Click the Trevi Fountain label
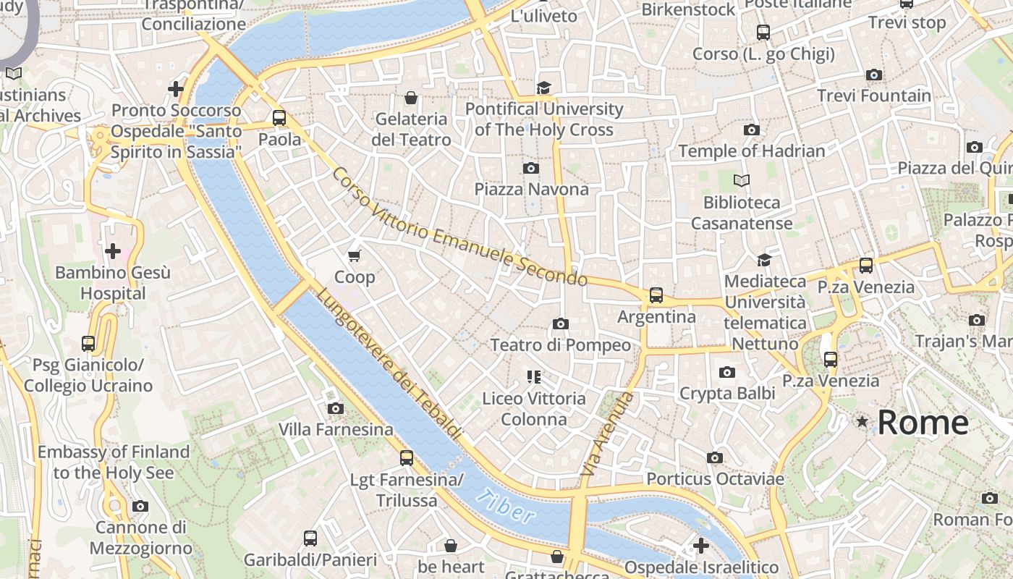click(x=874, y=96)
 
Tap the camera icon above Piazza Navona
click(x=530, y=168)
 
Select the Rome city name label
click(x=923, y=423)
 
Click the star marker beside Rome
click(x=862, y=421)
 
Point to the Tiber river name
click(x=506, y=506)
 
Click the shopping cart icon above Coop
click(x=355, y=255)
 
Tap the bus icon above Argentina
click(x=656, y=295)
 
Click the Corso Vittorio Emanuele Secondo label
click(x=459, y=227)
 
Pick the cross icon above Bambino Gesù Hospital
click(x=113, y=251)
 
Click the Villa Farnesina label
click(x=336, y=429)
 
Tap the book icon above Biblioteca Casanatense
click(x=742, y=180)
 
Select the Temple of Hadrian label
click(x=752, y=151)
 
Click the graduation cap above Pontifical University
click(x=543, y=88)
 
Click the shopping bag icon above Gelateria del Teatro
click(x=411, y=98)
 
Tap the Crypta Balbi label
click(x=727, y=393)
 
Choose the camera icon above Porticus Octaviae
click(x=715, y=457)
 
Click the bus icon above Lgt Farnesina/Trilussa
click(x=407, y=458)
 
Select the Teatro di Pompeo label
click(x=561, y=345)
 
